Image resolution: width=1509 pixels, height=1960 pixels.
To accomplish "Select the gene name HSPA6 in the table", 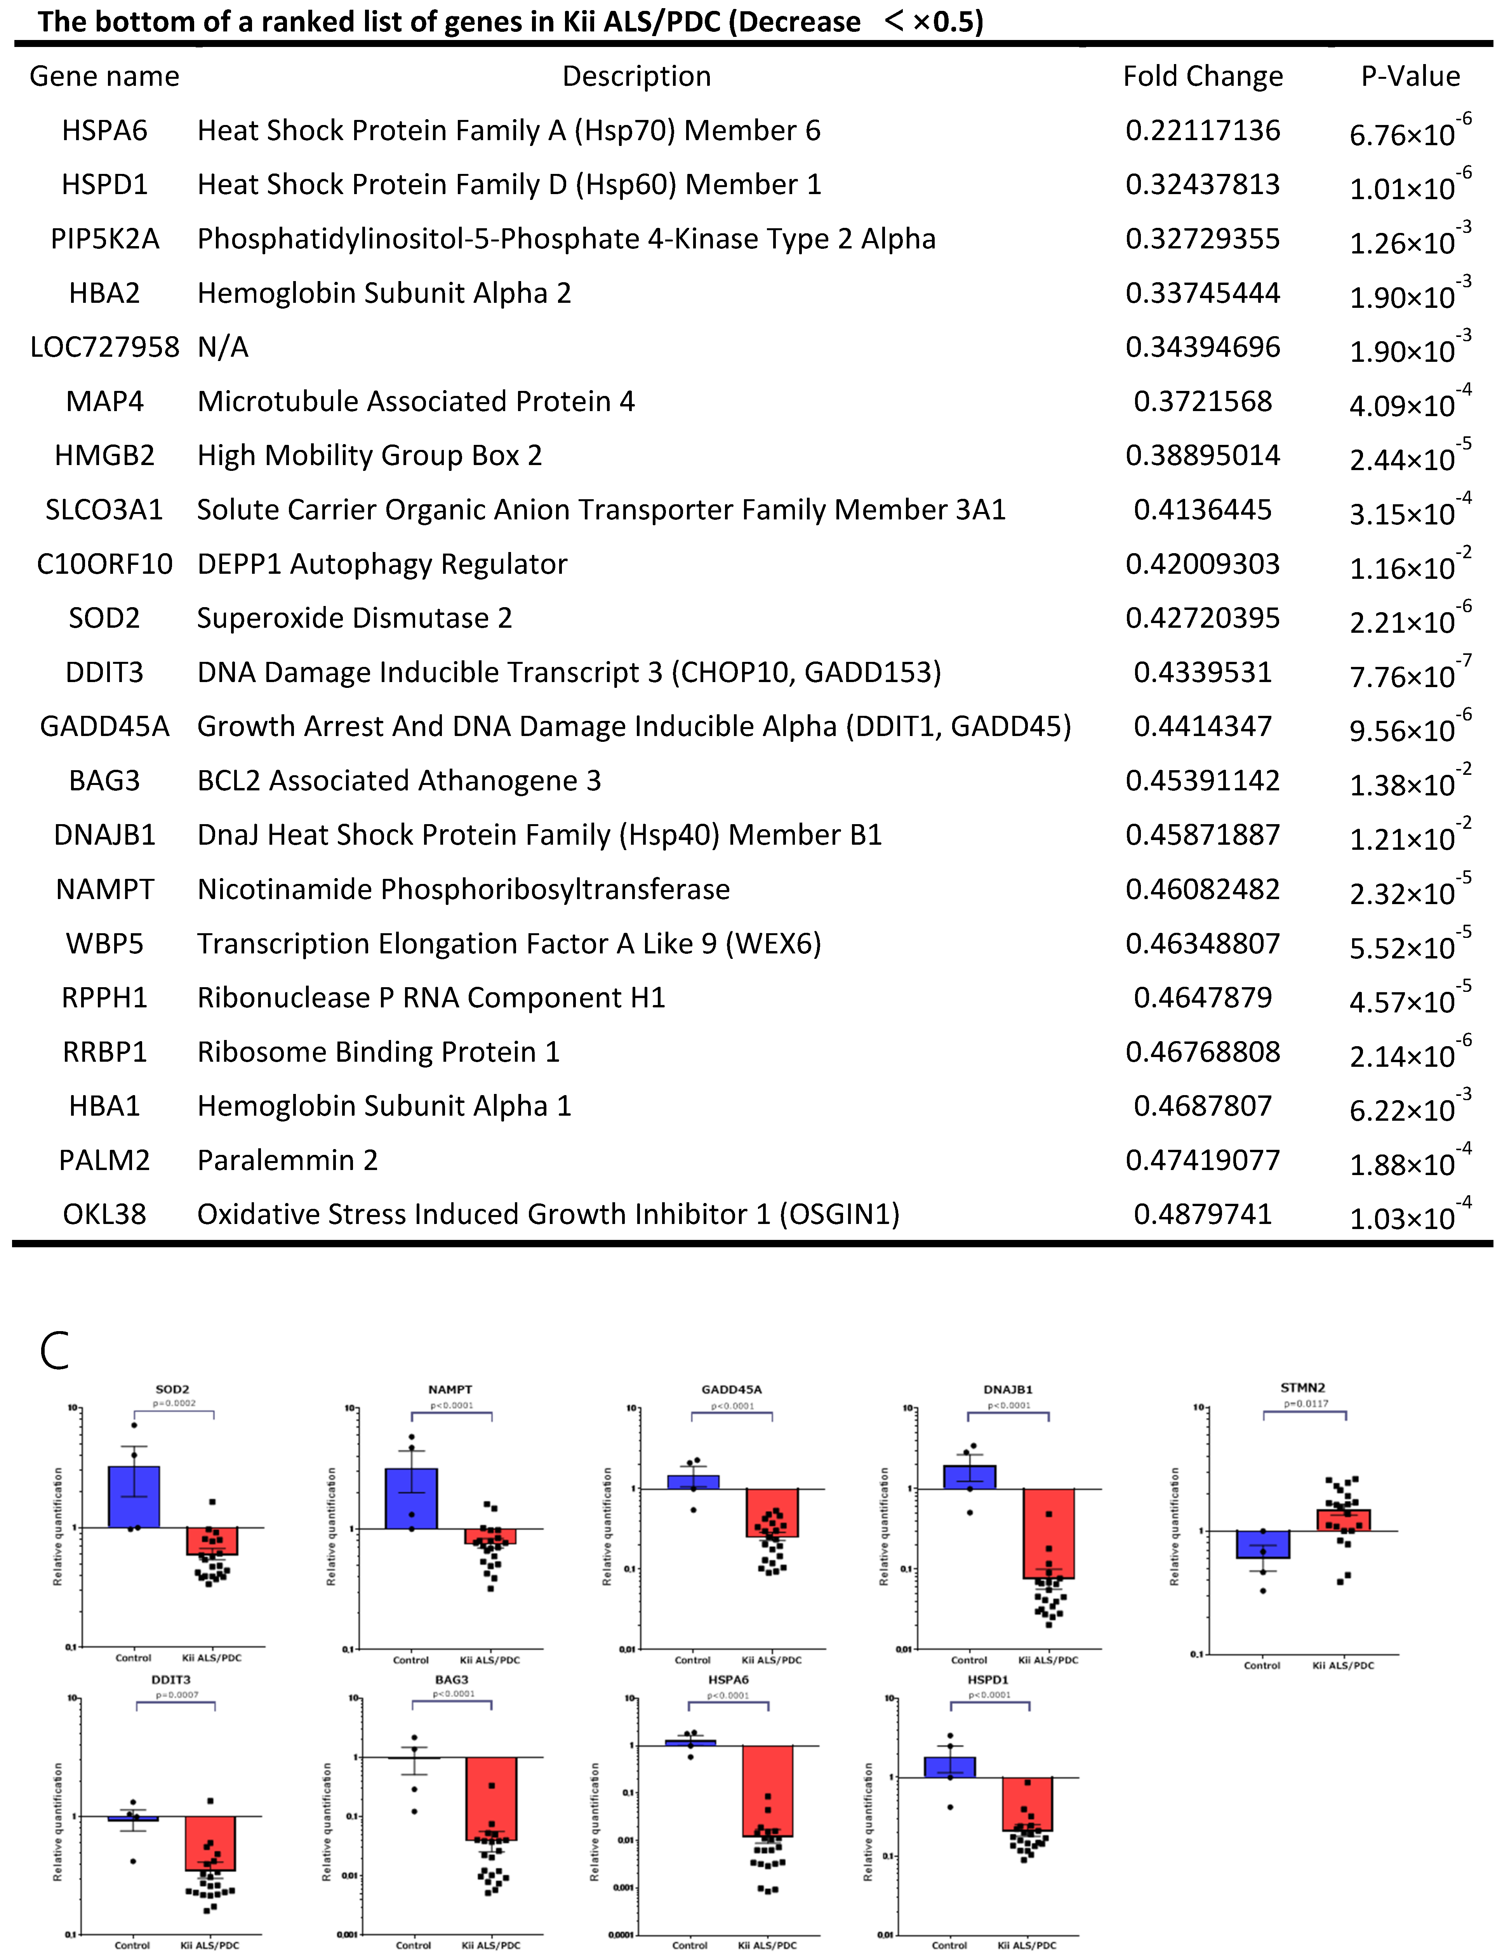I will pyautogui.click(x=104, y=131).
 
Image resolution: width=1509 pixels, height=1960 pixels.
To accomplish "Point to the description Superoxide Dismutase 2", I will pyautogui.click(x=355, y=618).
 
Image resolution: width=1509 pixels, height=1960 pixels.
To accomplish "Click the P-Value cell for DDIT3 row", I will pyautogui.click(x=1409, y=673).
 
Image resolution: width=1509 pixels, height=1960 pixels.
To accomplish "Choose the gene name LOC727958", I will pyautogui.click(x=104, y=347).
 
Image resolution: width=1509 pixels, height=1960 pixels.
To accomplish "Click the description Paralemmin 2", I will pyautogui.click(x=287, y=1160).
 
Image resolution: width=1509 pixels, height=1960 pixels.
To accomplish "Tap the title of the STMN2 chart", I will pyautogui.click(x=1302, y=1387).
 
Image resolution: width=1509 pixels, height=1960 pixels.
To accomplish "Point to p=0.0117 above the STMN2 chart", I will pyautogui.click(x=1305, y=1404).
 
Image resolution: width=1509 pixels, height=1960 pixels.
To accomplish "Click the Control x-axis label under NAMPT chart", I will pyautogui.click(x=411, y=1660).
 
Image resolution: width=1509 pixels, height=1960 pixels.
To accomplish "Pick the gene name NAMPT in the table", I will pyautogui.click(x=104, y=889).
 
